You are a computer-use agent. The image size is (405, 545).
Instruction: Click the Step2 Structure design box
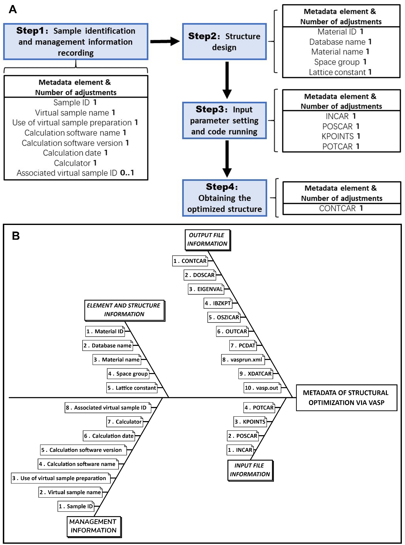point(224,41)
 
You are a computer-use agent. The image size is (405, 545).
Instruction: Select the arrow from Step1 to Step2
point(165,41)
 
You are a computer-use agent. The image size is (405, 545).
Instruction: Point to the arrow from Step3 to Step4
point(227,159)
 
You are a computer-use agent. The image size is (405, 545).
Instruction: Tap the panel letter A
point(13,9)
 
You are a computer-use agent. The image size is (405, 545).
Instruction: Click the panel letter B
point(16,236)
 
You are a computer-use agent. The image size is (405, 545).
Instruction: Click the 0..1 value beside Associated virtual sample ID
point(127,173)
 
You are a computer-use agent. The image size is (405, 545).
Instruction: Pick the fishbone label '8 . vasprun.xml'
point(242,360)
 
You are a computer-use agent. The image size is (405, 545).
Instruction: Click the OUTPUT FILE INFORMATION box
point(208,240)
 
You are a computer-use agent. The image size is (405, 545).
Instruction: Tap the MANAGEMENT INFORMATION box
point(94,527)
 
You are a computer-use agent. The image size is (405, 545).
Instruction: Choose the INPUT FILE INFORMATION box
point(250,470)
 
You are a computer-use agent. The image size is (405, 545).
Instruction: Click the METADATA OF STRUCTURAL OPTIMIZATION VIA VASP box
point(346,398)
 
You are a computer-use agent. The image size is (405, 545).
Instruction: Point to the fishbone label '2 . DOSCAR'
point(200,275)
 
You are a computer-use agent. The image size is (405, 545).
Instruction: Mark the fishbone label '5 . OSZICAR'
point(224,317)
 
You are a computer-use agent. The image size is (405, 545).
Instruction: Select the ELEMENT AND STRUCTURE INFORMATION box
point(125,310)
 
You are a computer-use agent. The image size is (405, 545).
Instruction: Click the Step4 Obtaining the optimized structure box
point(225,198)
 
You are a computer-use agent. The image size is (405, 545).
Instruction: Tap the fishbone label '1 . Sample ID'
point(76,506)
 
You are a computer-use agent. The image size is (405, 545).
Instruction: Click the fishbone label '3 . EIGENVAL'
point(206,289)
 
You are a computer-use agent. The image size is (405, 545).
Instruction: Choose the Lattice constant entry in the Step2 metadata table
point(340,72)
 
